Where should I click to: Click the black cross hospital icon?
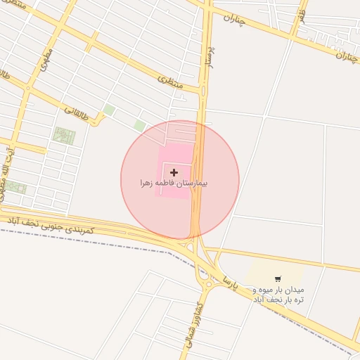(x=174, y=172)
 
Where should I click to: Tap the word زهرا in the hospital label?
(x=150, y=183)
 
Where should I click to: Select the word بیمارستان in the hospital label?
(x=194, y=183)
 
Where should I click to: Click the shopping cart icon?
(x=278, y=279)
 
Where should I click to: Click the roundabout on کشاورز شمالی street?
(x=207, y=285)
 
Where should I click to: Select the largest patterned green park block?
(x=64, y=136)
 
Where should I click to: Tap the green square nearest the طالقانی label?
(x=109, y=110)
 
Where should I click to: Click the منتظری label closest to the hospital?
(x=171, y=83)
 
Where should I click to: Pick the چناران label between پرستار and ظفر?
(x=236, y=19)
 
